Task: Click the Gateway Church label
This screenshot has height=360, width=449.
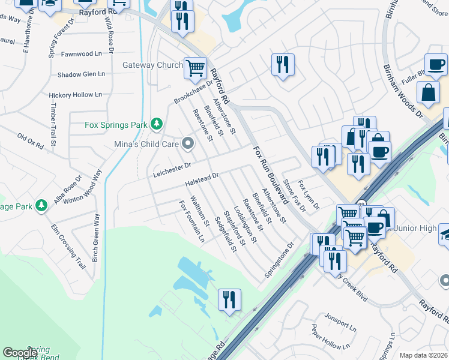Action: (152, 65)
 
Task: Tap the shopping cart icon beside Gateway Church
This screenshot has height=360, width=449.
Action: (195, 67)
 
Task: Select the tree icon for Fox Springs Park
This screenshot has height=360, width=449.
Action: (157, 124)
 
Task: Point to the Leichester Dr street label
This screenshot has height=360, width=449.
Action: (171, 166)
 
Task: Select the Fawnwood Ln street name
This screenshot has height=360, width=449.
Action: (81, 53)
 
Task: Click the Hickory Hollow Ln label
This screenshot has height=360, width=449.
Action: (76, 95)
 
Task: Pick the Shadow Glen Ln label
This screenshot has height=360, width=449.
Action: (81, 74)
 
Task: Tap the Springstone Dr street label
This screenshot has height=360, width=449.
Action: (279, 260)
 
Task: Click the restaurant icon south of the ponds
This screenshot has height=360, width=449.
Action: (229, 299)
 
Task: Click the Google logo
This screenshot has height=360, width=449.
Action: (20, 353)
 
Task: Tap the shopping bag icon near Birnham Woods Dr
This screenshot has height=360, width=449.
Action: (428, 93)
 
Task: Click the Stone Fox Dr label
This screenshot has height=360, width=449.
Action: (294, 196)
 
